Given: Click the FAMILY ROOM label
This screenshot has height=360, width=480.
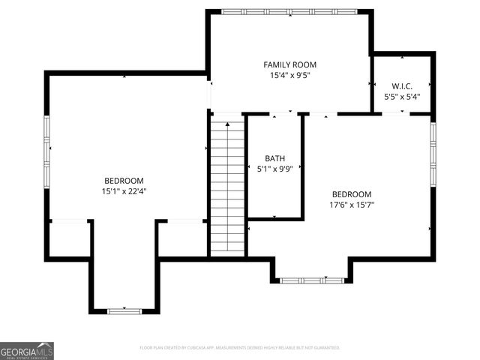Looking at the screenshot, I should (x=289, y=65).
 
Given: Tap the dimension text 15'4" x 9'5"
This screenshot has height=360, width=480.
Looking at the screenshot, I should (x=289, y=76).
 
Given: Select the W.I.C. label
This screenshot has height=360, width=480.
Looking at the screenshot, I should (x=402, y=86).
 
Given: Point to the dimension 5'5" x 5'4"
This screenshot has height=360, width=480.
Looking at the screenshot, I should (x=402, y=97).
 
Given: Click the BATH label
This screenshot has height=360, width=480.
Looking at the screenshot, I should (x=274, y=158).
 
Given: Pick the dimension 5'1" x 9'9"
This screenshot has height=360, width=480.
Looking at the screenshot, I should (x=274, y=169).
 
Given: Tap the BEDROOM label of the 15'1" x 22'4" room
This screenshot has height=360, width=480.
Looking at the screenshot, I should (x=124, y=181).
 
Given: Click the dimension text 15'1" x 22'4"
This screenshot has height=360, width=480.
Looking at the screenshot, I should (x=124, y=191).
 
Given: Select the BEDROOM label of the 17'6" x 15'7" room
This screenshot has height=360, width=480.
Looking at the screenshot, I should (x=352, y=193).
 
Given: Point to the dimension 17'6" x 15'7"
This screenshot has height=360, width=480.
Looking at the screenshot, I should (x=352, y=204).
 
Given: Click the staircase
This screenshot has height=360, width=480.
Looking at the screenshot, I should (x=228, y=187).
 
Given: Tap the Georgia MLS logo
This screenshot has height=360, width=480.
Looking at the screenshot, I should (x=27, y=351).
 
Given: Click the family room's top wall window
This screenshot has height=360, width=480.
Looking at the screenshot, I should (x=289, y=12).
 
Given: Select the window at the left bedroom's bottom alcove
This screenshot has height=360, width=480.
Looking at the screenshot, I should (x=124, y=310).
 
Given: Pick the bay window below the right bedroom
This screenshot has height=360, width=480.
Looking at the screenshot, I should (x=311, y=280).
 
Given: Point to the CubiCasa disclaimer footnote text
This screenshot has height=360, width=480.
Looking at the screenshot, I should (x=240, y=348).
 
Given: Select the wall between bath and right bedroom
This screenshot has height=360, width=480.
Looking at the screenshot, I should (x=303, y=166).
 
